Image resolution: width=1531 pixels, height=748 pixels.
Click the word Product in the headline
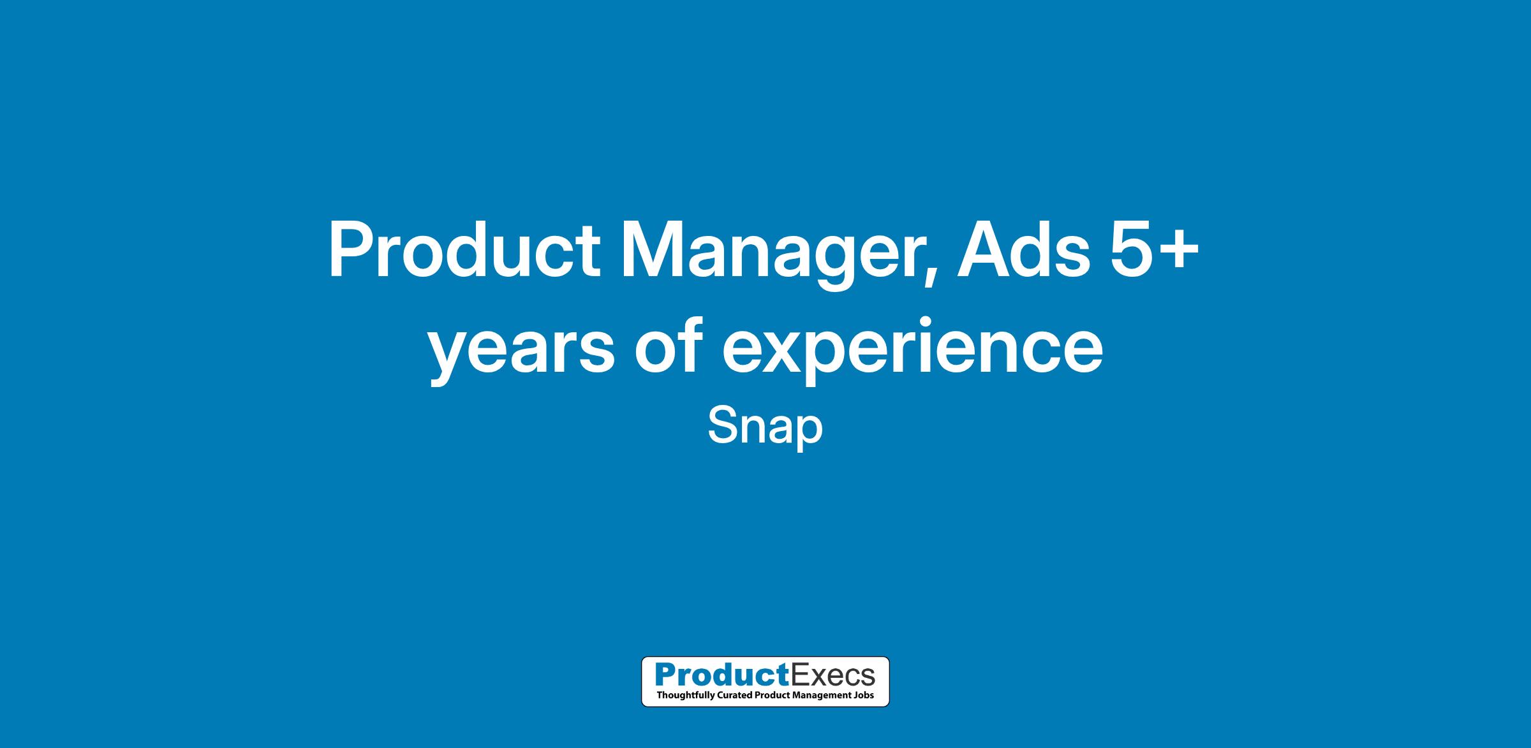[x=464, y=251]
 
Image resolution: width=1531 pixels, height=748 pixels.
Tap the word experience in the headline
[x=913, y=351]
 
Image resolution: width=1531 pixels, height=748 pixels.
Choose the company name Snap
[x=765, y=428]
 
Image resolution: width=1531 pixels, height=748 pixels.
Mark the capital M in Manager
[x=652, y=251]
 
